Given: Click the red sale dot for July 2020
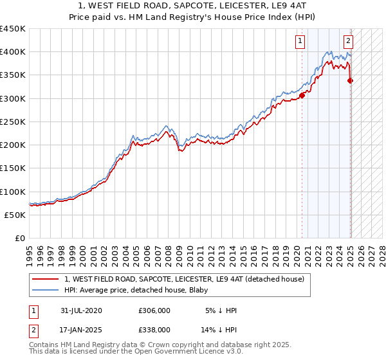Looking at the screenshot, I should click(x=302, y=95).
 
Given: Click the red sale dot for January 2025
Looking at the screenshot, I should click(x=350, y=80).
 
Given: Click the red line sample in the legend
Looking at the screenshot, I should click(x=46, y=278).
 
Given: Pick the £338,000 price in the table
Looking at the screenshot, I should click(x=154, y=329).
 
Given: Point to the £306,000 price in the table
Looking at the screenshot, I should click(x=154, y=310).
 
